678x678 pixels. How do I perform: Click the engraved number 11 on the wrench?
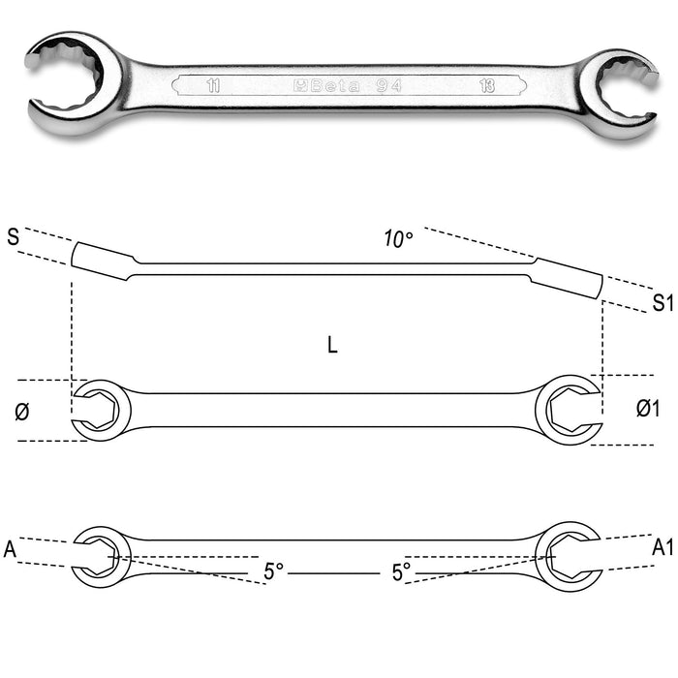[213, 85]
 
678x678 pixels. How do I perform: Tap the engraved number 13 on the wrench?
[487, 85]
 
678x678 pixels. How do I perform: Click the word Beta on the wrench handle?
[335, 85]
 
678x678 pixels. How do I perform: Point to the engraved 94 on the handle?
[388, 85]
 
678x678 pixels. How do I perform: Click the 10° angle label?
[398, 238]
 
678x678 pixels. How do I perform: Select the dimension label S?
[14, 237]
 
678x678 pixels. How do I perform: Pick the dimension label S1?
[663, 302]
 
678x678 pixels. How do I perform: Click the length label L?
[332, 345]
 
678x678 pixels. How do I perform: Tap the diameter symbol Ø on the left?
[22, 411]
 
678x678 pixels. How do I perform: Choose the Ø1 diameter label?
[648, 408]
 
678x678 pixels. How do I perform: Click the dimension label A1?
[663, 547]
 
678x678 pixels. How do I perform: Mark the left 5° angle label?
[273, 571]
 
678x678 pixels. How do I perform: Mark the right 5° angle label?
[401, 571]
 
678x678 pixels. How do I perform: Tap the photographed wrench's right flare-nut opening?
[623, 93]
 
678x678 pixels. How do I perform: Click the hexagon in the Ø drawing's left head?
[99, 410]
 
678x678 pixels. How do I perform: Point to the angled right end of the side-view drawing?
[567, 278]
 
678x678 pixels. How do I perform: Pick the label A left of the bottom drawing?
[10, 549]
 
